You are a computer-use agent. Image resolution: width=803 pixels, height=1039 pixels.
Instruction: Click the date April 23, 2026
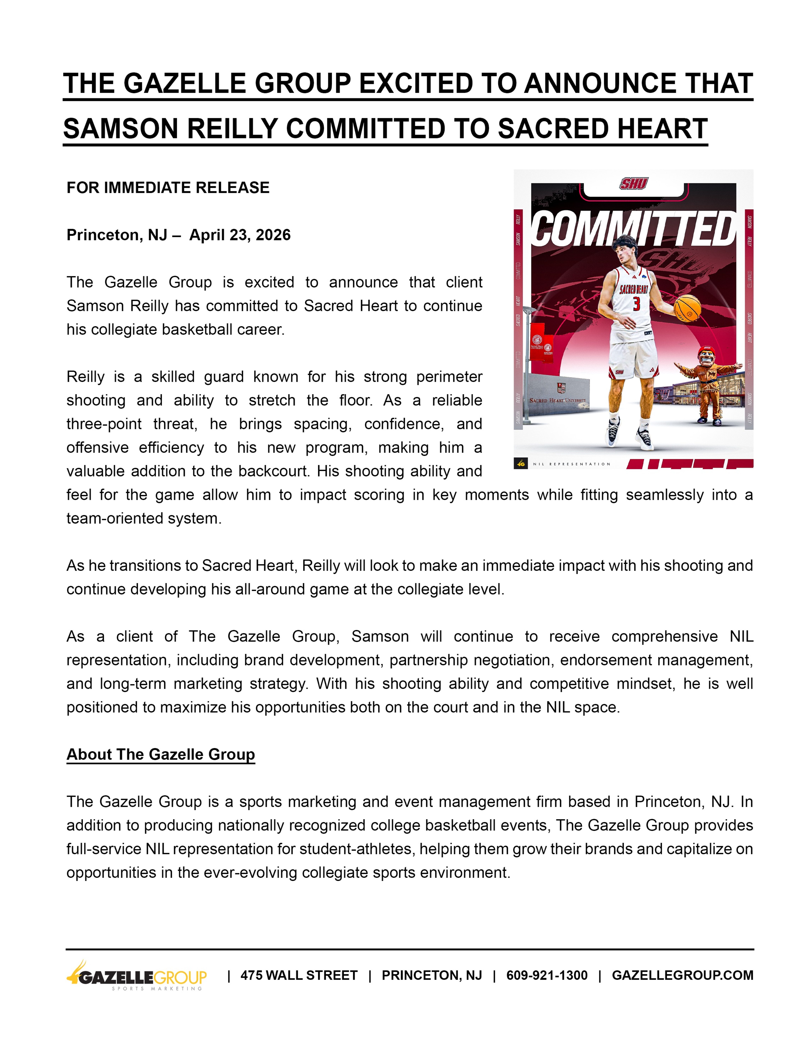click(240, 235)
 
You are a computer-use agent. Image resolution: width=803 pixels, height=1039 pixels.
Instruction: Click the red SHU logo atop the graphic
click(633, 184)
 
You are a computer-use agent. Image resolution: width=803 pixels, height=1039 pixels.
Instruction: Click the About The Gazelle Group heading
click(161, 755)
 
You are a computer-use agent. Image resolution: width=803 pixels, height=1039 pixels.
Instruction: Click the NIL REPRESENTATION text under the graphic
click(571, 464)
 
